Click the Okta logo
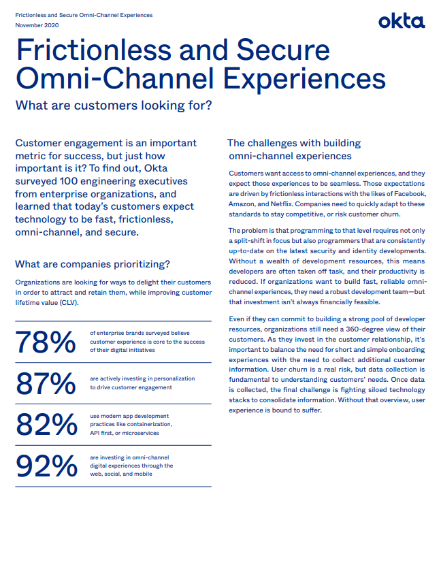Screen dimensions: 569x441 402,22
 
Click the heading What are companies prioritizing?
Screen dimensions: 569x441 93,264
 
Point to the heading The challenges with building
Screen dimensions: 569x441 294,144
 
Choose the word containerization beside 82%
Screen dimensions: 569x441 147,424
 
